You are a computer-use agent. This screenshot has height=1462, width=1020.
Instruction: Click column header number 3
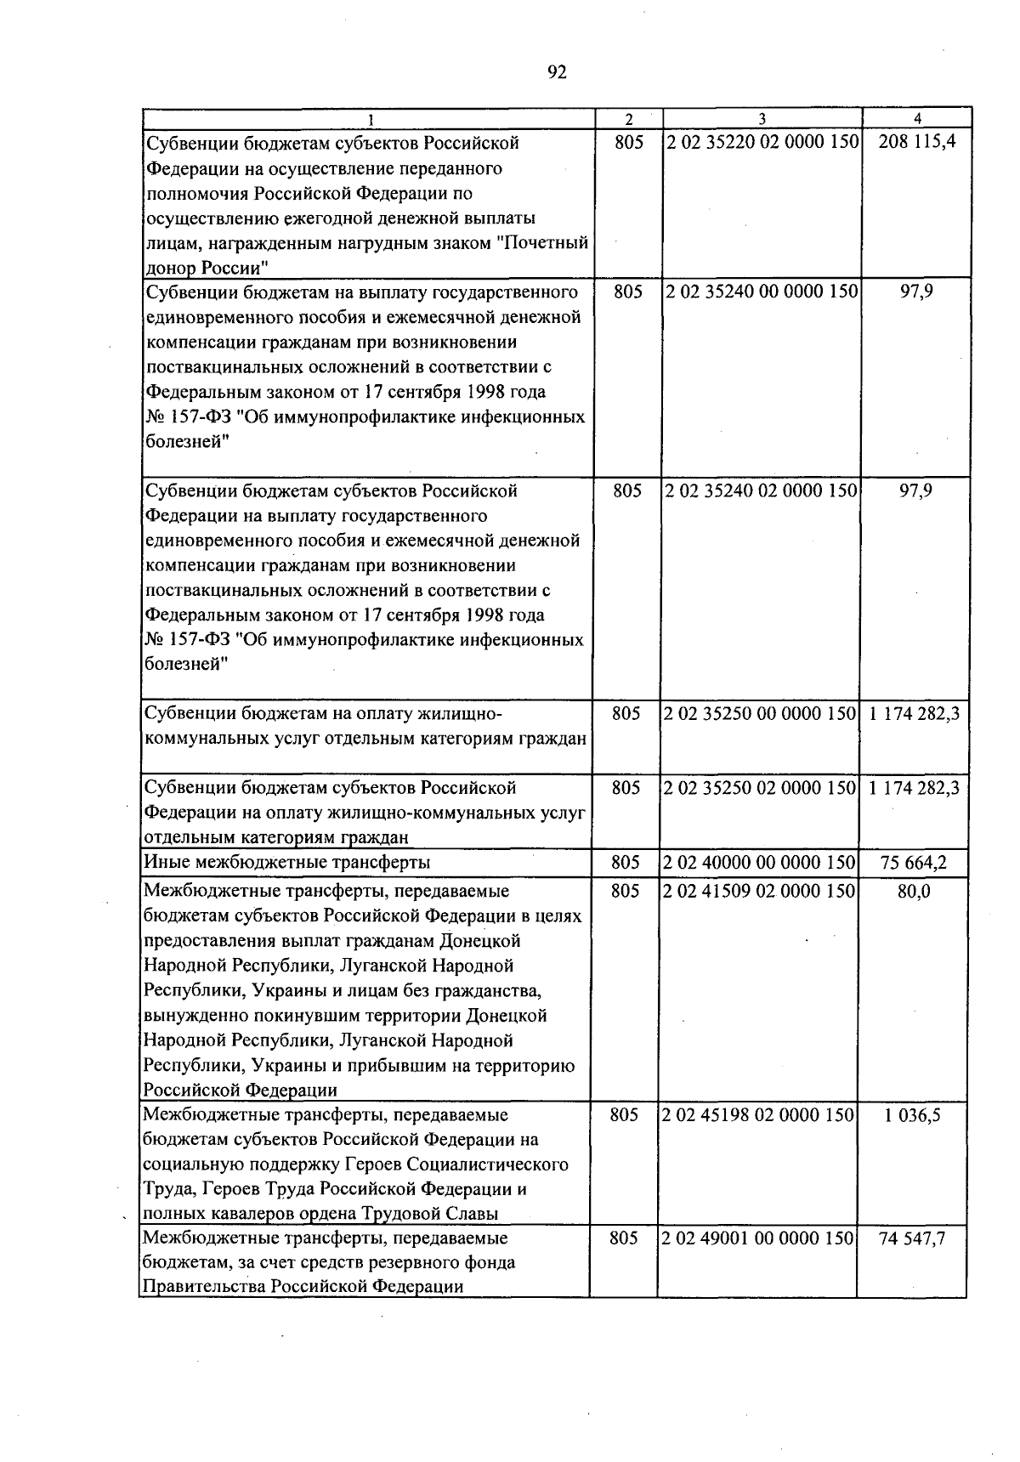pos(762,119)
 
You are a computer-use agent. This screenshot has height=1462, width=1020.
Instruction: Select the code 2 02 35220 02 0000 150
pos(762,142)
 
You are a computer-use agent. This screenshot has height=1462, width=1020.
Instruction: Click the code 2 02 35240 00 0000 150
pos(762,292)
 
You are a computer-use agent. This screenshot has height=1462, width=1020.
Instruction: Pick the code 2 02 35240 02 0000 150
pos(762,490)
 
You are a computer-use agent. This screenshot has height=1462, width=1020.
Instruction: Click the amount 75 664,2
pos(913,863)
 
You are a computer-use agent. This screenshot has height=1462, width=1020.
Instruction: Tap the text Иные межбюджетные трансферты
pos(286,863)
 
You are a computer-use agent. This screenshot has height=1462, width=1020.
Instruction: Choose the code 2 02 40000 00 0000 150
pos(758,863)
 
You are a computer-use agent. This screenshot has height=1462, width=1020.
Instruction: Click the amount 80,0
pos(914,891)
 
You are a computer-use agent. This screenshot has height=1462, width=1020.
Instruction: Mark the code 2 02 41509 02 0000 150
pos(758,891)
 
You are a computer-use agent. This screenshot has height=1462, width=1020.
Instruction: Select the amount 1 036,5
pos(913,1114)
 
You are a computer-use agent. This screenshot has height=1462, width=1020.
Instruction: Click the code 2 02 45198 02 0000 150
pos(757,1114)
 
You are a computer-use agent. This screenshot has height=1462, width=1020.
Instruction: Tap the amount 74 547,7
pos(912,1238)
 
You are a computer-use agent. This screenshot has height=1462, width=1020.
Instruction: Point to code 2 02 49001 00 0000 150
pos(757,1238)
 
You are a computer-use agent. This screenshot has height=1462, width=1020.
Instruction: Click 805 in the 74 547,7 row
pos(624,1238)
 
